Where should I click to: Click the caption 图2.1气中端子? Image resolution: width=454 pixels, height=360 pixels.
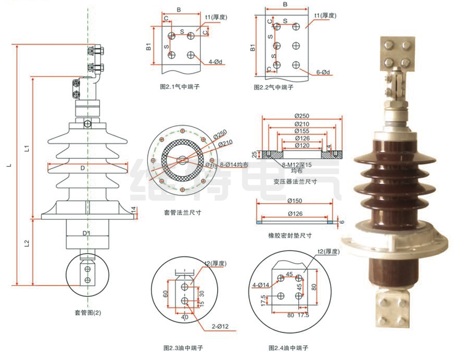pos(179,87)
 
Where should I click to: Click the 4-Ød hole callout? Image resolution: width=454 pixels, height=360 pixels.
pos(217,62)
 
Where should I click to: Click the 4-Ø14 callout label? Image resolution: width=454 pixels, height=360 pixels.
pos(261,284)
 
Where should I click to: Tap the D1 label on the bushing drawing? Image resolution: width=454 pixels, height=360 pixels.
pos(87,233)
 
